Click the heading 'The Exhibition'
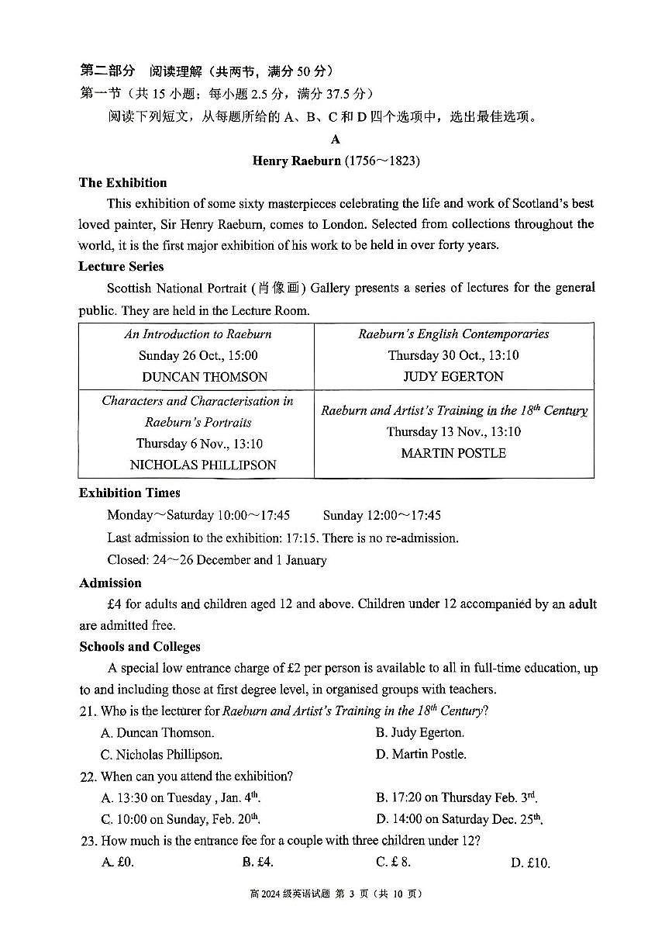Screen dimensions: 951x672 click(x=122, y=183)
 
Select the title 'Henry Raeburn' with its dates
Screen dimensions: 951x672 click(x=336, y=161)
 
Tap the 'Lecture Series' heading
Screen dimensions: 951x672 click(x=121, y=267)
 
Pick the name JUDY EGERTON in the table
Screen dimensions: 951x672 click(x=453, y=377)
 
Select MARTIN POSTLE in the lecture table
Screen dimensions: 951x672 click(x=453, y=453)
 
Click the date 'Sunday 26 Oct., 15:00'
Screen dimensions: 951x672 click(x=198, y=356)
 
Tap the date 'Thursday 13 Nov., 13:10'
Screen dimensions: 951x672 click(x=453, y=432)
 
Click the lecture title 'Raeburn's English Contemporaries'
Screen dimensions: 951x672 click(x=453, y=334)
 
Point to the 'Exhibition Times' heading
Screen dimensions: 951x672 click(x=129, y=493)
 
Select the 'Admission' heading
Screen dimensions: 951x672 click(x=110, y=583)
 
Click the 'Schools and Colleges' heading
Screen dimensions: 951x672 click(x=140, y=647)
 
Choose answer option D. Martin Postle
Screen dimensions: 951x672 click(x=421, y=754)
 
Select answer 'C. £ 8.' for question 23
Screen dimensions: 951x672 click(x=393, y=862)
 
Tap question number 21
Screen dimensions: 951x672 click(x=88, y=711)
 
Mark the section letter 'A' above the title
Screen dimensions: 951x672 click(x=335, y=140)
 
